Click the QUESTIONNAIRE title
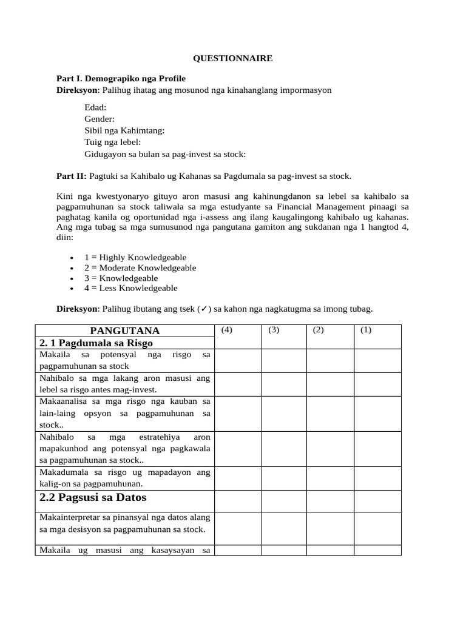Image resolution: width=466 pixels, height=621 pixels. pyautogui.click(x=232, y=58)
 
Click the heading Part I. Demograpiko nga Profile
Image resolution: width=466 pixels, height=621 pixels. pyautogui.click(x=121, y=79)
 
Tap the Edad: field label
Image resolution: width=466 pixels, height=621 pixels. pyautogui.click(x=95, y=107)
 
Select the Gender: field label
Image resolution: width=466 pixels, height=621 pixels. pyautogui.click(x=100, y=119)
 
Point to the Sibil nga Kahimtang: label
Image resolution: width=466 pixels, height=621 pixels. pyautogui.click(x=124, y=130)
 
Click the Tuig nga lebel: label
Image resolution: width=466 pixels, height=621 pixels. pyautogui.click(x=112, y=142)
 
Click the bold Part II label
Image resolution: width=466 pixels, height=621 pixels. pyautogui.click(x=72, y=176)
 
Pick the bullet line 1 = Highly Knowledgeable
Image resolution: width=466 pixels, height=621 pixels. pyautogui.click(x=135, y=257)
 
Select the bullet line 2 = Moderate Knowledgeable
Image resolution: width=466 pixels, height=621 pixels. pyautogui.click(x=140, y=267)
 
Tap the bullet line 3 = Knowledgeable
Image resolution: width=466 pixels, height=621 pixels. pyautogui.click(x=121, y=278)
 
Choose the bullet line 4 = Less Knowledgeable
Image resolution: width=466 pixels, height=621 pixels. pyautogui.click(x=131, y=288)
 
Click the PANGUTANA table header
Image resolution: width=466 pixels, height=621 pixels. pyautogui.click(x=124, y=331)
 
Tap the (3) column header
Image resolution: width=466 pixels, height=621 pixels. pyautogui.click(x=273, y=330)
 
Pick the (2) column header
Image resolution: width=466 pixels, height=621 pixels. pyautogui.click(x=319, y=330)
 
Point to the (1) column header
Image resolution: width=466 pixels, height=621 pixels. pyautogui.click(x=365, y=330)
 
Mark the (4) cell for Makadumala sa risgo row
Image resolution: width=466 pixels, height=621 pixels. pyautogui.click(x=237, y=478)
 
